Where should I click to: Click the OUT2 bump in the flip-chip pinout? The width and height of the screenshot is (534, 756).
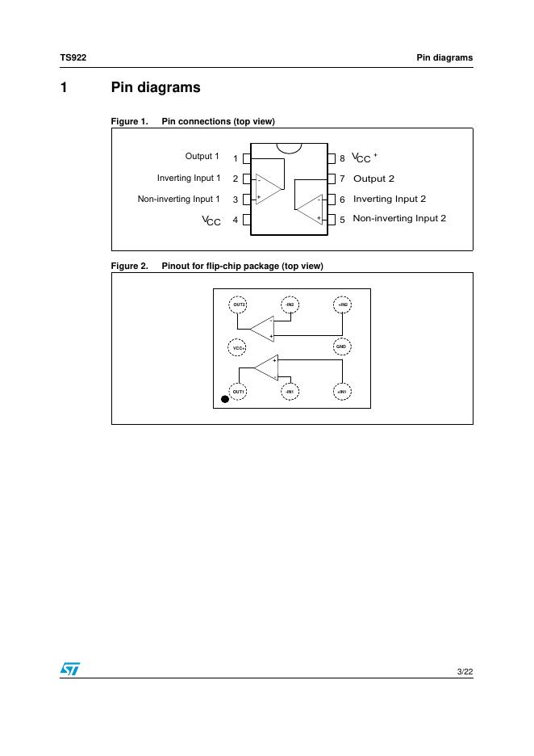click(x=239, y=304)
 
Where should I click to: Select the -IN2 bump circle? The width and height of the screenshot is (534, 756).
click(x=290, y=304)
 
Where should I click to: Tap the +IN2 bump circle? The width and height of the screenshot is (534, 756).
click(x=342, y=304)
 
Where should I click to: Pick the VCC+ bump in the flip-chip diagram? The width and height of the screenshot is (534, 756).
click(x=238, y=347)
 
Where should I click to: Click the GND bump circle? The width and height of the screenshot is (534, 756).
click(x=341, y=346)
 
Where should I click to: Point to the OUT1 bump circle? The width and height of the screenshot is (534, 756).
click(x=238, y=391)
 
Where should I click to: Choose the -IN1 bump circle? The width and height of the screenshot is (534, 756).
click(x=290, y=391)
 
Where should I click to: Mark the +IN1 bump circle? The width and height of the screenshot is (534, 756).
click(x=341, y=391)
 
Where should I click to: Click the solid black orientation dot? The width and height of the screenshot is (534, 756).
click(x=225, y=398)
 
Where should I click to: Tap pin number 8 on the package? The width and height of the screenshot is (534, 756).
click(x=342, y=158)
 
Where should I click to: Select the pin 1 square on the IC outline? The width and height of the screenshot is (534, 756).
click(x=246, y=158)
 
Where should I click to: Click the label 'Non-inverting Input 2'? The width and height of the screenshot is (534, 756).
click(x=399, y=218)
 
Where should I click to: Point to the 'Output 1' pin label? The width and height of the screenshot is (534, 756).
click(x=202, y=156)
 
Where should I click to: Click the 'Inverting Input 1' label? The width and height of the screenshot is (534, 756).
click(x=189, y=178)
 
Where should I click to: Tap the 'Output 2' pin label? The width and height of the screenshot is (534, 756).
click(x=373, y=178)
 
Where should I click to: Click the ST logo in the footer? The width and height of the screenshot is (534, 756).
click(x=69, y=670)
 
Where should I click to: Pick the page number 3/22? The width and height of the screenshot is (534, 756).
click(x=465, y=671)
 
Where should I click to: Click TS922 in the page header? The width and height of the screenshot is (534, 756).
click(x=73, y=57)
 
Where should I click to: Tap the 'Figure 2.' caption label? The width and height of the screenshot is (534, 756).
click(x=129, y=266)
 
